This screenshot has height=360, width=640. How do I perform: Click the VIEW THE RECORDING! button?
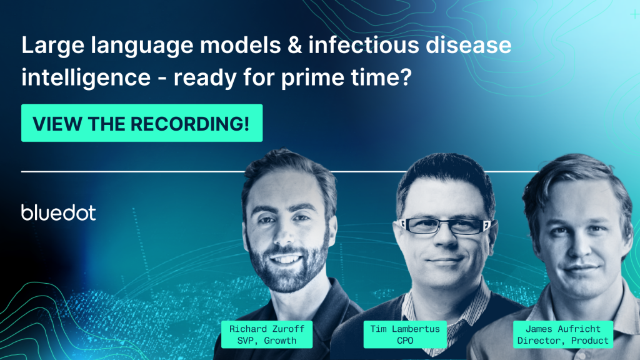click(x=142, y=123)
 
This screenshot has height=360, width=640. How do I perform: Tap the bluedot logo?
click(x=58, y=212)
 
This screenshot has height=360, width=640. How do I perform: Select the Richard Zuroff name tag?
click(x=267, y=335)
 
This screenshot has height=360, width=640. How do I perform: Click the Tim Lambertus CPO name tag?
click(x=405, y=335)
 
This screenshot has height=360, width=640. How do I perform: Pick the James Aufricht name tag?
click(x=563, y=335)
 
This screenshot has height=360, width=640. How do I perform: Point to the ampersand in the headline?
click(x=295, y=45)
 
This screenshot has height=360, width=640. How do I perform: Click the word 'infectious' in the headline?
click(x=364, y=45)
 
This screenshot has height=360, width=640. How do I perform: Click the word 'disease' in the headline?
click(x=469, y=45)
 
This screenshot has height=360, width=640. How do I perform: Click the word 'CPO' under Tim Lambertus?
click(x=405, y=341)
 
